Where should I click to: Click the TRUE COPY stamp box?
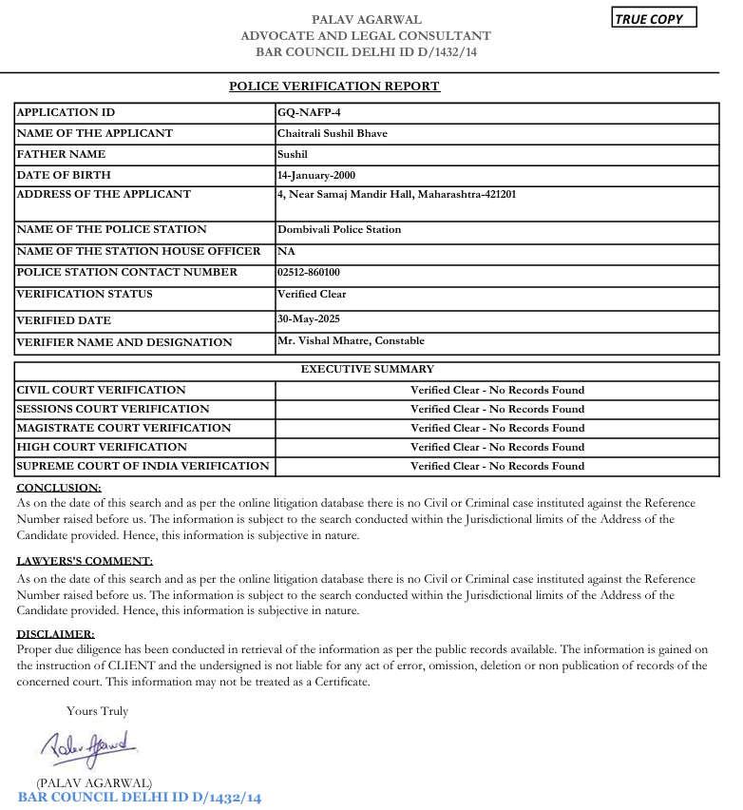(x=655, y=18)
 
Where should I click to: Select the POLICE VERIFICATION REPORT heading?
(x=334, y=87)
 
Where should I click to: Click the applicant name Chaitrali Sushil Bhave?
(x=332, y=133)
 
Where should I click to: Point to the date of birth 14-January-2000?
(x=316, y=175)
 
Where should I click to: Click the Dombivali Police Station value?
(x=339, y=229)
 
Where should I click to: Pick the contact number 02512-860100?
(x=308, y=272)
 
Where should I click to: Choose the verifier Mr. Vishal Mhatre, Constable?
(x=351, y=340)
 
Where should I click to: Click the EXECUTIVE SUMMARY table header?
(x=367, y=369)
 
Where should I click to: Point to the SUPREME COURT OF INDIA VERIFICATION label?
(x=143, y=466)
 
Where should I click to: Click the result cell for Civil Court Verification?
(x=497, y=390)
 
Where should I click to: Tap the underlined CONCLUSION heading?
(x=59, y=488)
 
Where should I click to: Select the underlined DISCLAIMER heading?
(x=55, y=634)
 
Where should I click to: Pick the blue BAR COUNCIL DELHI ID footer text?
(x=139, y=797)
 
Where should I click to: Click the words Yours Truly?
(x=97, y=711)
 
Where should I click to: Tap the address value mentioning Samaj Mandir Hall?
(x=396, y=194)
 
